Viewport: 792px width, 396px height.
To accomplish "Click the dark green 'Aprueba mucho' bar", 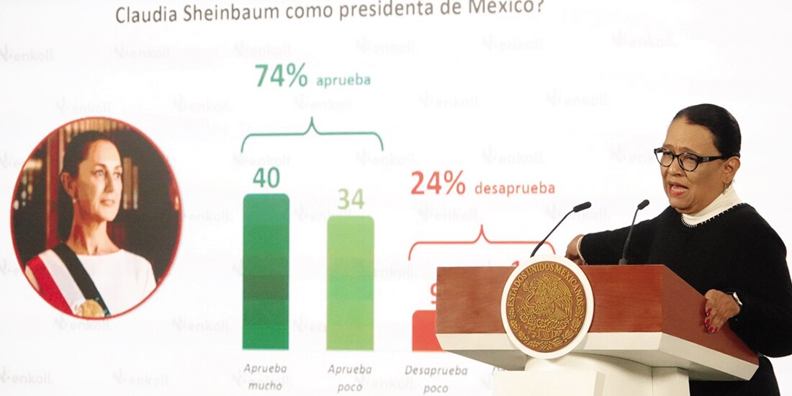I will pos(266,271).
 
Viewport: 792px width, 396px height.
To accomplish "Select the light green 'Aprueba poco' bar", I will pos(350,283).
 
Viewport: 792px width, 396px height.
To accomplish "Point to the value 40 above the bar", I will pos(266,178).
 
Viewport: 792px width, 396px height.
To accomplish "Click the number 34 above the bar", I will pos(351,199).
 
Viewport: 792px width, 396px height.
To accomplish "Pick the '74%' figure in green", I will pos(281,76).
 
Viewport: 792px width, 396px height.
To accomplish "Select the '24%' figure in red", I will pos(438,184).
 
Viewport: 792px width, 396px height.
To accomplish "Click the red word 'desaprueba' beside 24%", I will pos(514,189).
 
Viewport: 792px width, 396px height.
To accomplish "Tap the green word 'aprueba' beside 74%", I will pos(343,80).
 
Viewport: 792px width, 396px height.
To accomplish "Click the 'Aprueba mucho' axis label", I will pos(265,375).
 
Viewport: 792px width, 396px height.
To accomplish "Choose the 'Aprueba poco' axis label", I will pos(350,376).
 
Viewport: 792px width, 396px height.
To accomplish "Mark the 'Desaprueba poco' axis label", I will pos(436,377).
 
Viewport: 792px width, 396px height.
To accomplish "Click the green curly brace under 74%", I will pos(311,135).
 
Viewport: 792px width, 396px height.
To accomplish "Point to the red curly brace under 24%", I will pos(481,241).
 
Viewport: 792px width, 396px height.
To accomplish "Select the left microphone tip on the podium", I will pos(582,207).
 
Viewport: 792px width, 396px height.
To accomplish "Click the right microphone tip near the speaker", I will pos(643,204).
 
